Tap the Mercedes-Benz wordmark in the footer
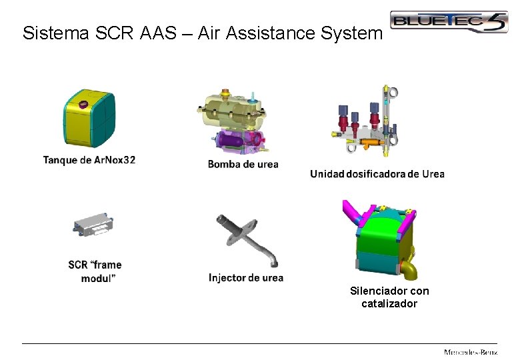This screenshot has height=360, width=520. [471, 351]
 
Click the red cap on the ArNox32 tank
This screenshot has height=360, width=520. [85, 104]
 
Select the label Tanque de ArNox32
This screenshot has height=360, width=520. [89, 160]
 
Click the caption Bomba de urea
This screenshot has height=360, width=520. [243, 164]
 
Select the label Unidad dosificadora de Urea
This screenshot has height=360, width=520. [377, 174]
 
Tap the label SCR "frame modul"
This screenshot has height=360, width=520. [95, 271]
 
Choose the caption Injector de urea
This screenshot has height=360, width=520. [246, 278]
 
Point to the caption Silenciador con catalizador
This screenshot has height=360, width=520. [389, 297]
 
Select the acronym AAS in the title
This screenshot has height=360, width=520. [159, 33]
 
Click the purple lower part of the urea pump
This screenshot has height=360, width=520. [237, 141]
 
